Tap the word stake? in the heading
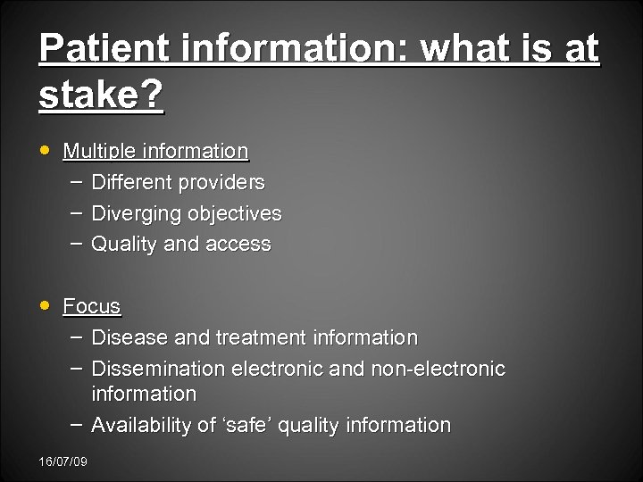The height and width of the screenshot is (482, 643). click(101, 96)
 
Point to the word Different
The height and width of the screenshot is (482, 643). click(133, 183)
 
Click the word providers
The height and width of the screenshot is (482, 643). click(222, 183)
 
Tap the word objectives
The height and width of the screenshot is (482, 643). click(233, 214)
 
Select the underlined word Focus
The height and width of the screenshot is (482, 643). click(92, 306)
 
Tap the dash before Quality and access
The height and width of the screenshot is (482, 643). click(76, 242)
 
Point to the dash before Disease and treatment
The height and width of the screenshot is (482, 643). click(76, 336)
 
